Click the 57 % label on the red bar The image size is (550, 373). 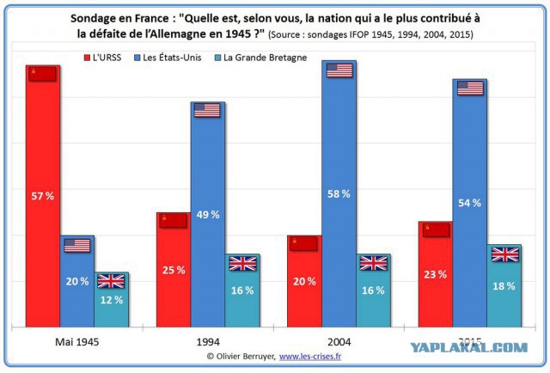coord(42,196)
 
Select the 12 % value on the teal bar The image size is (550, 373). coord(112,300)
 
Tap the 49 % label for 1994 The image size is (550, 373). coord(208,214)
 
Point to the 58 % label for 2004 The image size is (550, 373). coord(339,193)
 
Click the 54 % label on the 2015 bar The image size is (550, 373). coord(469,203)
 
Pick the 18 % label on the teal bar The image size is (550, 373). coord(504,286)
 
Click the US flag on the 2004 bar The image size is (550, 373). coord(339,70)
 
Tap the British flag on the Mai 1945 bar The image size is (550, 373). coord(111,281)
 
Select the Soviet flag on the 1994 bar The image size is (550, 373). coord(173,221)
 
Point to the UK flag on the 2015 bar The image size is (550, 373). coord(505,254)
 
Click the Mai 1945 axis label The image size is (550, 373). coord(77,342)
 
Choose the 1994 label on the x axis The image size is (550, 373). coord(208,342)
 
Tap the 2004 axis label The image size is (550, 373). coord(339,342)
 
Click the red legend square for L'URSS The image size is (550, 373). coord(87,58)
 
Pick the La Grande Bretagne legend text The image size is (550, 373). coord(266,58)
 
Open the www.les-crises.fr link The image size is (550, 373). coord(310,357)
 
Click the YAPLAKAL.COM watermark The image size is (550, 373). coord(469,347)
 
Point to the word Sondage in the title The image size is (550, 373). coord(91,19)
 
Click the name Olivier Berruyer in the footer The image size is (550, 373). coord(245,357)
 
